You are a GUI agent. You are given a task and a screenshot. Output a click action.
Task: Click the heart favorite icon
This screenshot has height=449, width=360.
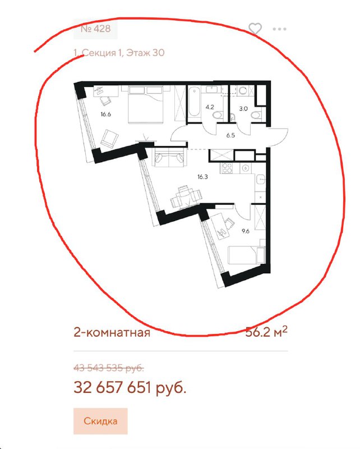(x=255, y=29)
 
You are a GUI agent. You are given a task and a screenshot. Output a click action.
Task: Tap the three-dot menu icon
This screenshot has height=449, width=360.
(x=279, y=29)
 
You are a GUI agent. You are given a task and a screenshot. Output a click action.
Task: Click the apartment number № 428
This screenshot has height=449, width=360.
(x=95, y=29)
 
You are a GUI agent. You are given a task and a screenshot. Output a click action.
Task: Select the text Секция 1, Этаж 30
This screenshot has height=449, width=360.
(x=123, y=53)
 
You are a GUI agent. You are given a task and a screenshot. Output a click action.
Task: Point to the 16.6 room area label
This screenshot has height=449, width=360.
(x=105, y=114)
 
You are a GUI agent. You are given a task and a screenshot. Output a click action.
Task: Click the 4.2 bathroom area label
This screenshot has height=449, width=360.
(x=210, y=107)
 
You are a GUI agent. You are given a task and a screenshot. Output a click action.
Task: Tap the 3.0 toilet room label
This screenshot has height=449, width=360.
(x=243, y=109)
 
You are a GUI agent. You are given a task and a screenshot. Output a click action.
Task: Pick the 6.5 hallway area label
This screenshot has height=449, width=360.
(x=230, y=135)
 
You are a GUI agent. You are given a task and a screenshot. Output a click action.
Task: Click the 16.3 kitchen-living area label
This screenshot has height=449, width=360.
(x=202, y=177)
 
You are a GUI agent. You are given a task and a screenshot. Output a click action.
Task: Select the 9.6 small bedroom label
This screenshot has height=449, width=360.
(x=246, y=231)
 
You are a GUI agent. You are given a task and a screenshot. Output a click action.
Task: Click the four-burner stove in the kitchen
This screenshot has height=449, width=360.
(x=227, y=168)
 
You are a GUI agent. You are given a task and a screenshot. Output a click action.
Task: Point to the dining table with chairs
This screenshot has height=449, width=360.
(x=186, y=197)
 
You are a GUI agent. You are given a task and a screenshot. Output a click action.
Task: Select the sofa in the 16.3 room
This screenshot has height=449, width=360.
(x=169, y=158)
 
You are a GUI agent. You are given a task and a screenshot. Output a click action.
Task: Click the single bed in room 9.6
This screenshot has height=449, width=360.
(x=246, y=255)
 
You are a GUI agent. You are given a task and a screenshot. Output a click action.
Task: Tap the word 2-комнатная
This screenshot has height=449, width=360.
(x=112, y=333)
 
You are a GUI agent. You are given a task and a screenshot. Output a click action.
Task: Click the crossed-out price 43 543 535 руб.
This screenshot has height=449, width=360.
(x=109, y=368)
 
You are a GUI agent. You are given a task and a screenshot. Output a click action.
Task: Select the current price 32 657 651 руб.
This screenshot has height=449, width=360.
(x=130, y=388)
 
